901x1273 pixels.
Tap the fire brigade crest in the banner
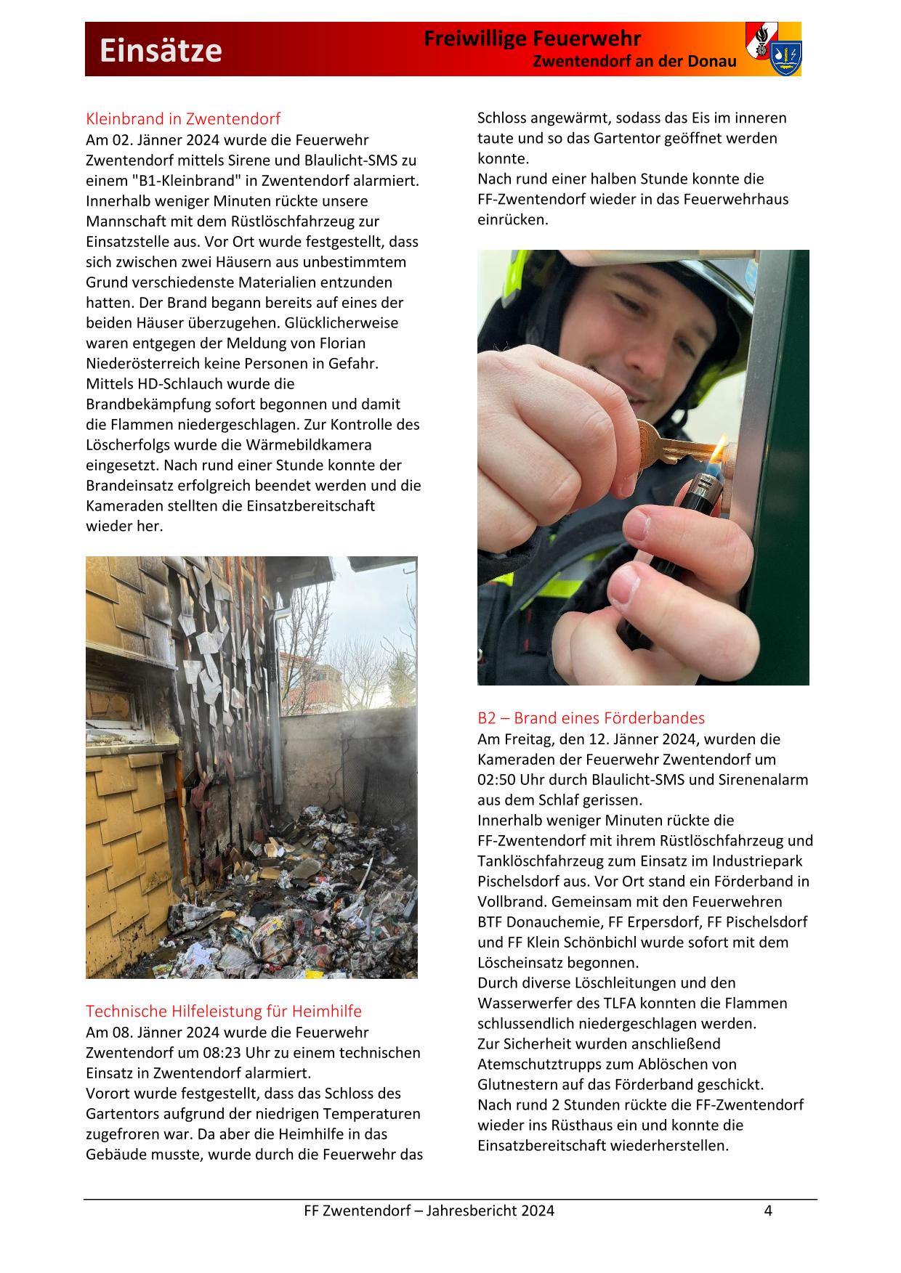coord(773,49)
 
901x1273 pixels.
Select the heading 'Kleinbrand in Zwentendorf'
coord(183,118)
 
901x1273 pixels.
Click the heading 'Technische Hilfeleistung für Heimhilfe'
coord(224,1011)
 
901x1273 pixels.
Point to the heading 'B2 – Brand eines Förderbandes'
coord(591,718)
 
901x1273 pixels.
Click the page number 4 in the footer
coord(767,1211)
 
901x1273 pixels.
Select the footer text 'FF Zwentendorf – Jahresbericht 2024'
coord(429,1211)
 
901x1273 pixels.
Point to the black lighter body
coord(701,501)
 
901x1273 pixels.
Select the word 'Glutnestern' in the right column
coord(518,1085)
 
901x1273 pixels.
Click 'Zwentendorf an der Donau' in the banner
coord(634,62)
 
